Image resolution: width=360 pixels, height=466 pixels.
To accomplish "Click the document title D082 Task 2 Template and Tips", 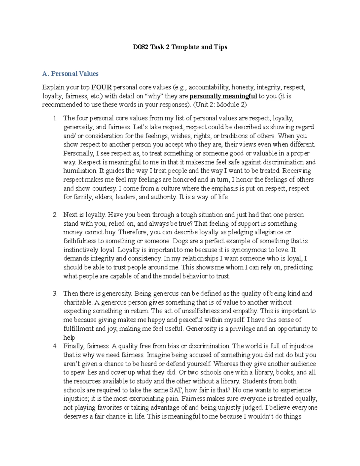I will click(180, 47).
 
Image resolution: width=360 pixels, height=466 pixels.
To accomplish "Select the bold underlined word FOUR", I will click(101, 88).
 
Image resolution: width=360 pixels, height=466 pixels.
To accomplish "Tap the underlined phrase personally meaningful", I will click(223, 96).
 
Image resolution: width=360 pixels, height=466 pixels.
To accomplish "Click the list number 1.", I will click(55, 119).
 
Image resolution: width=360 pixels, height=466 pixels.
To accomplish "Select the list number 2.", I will click(55, 215).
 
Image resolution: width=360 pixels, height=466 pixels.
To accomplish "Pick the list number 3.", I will click(55, 294).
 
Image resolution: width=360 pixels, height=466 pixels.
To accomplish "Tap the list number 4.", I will click(55, 346).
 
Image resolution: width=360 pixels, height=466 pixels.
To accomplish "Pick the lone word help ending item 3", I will click(69, 338).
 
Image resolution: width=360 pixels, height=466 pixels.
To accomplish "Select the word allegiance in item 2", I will click(268, 233).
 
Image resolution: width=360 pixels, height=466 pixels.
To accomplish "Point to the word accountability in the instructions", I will click(209, 88).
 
